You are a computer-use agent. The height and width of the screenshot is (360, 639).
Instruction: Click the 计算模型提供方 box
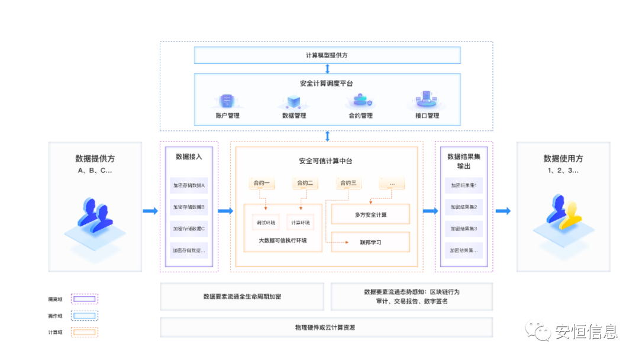pyautogui.click(x=327, y=55)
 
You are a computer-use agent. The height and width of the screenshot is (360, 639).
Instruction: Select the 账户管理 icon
pyautogui.click(x=227, y=101)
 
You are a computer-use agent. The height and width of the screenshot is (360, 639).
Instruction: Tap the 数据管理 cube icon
pyautogui.click(x=294, y=101)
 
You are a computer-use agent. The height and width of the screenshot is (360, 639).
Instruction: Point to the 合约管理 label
pyautogui.click(x=360, y=115)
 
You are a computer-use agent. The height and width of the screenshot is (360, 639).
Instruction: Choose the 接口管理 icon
pyautogui.click(x=426, y=99)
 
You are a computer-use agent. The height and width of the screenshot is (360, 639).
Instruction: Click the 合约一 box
pyautogui.click(x=262, y=183)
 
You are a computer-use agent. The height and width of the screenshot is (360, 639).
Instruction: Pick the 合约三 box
pyautogui.click(x=348, y=183)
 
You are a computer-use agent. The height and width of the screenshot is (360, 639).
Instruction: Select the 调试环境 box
pyautogui.click(x=265, y=223)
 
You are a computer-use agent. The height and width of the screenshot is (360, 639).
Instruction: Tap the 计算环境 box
pyautogui.click(x=300, y=223)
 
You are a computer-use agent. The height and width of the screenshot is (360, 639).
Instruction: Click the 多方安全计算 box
pyautogui.click(x=370, y=214)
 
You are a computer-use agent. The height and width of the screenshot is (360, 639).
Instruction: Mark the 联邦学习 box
pyautogui.click(x=370, y=242)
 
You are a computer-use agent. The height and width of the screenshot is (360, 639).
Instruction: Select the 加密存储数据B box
pyautogui.click(x=189, y=207)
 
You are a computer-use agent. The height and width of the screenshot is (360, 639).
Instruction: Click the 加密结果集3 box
pyautogui.click(x=464, y=229)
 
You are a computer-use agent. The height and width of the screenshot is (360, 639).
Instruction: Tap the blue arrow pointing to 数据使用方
pyautogui.click(x=503, y=211)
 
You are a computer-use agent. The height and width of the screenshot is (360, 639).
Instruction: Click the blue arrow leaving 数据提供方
pyautogui.click(x=150, y=211)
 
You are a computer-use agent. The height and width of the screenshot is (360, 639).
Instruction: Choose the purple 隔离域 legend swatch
pyautogui.click(x=85, y=299)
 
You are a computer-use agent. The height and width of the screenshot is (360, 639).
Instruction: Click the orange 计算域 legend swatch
pyautogui.click(x=85, y=332)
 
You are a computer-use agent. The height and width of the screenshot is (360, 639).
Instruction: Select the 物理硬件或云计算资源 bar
pyautogui.click(x=326, y=327)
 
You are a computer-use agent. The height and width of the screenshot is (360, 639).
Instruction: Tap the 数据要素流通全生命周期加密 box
pyautogui.click(x=242, y=296)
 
